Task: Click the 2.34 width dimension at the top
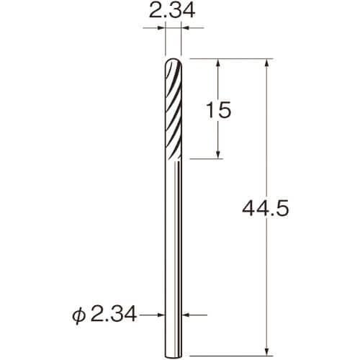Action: (172, 11)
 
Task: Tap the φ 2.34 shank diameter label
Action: (104, 315)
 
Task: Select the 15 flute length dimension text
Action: (219, 109)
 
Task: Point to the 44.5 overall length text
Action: (265, 208)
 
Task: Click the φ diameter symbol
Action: (78, 316)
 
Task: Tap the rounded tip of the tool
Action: (174, 59)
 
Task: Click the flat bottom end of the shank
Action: (174, 356)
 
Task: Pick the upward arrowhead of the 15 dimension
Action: (218, 63)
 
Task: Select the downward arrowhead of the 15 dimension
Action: (218, 155)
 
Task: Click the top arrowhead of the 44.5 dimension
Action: (266, 63)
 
